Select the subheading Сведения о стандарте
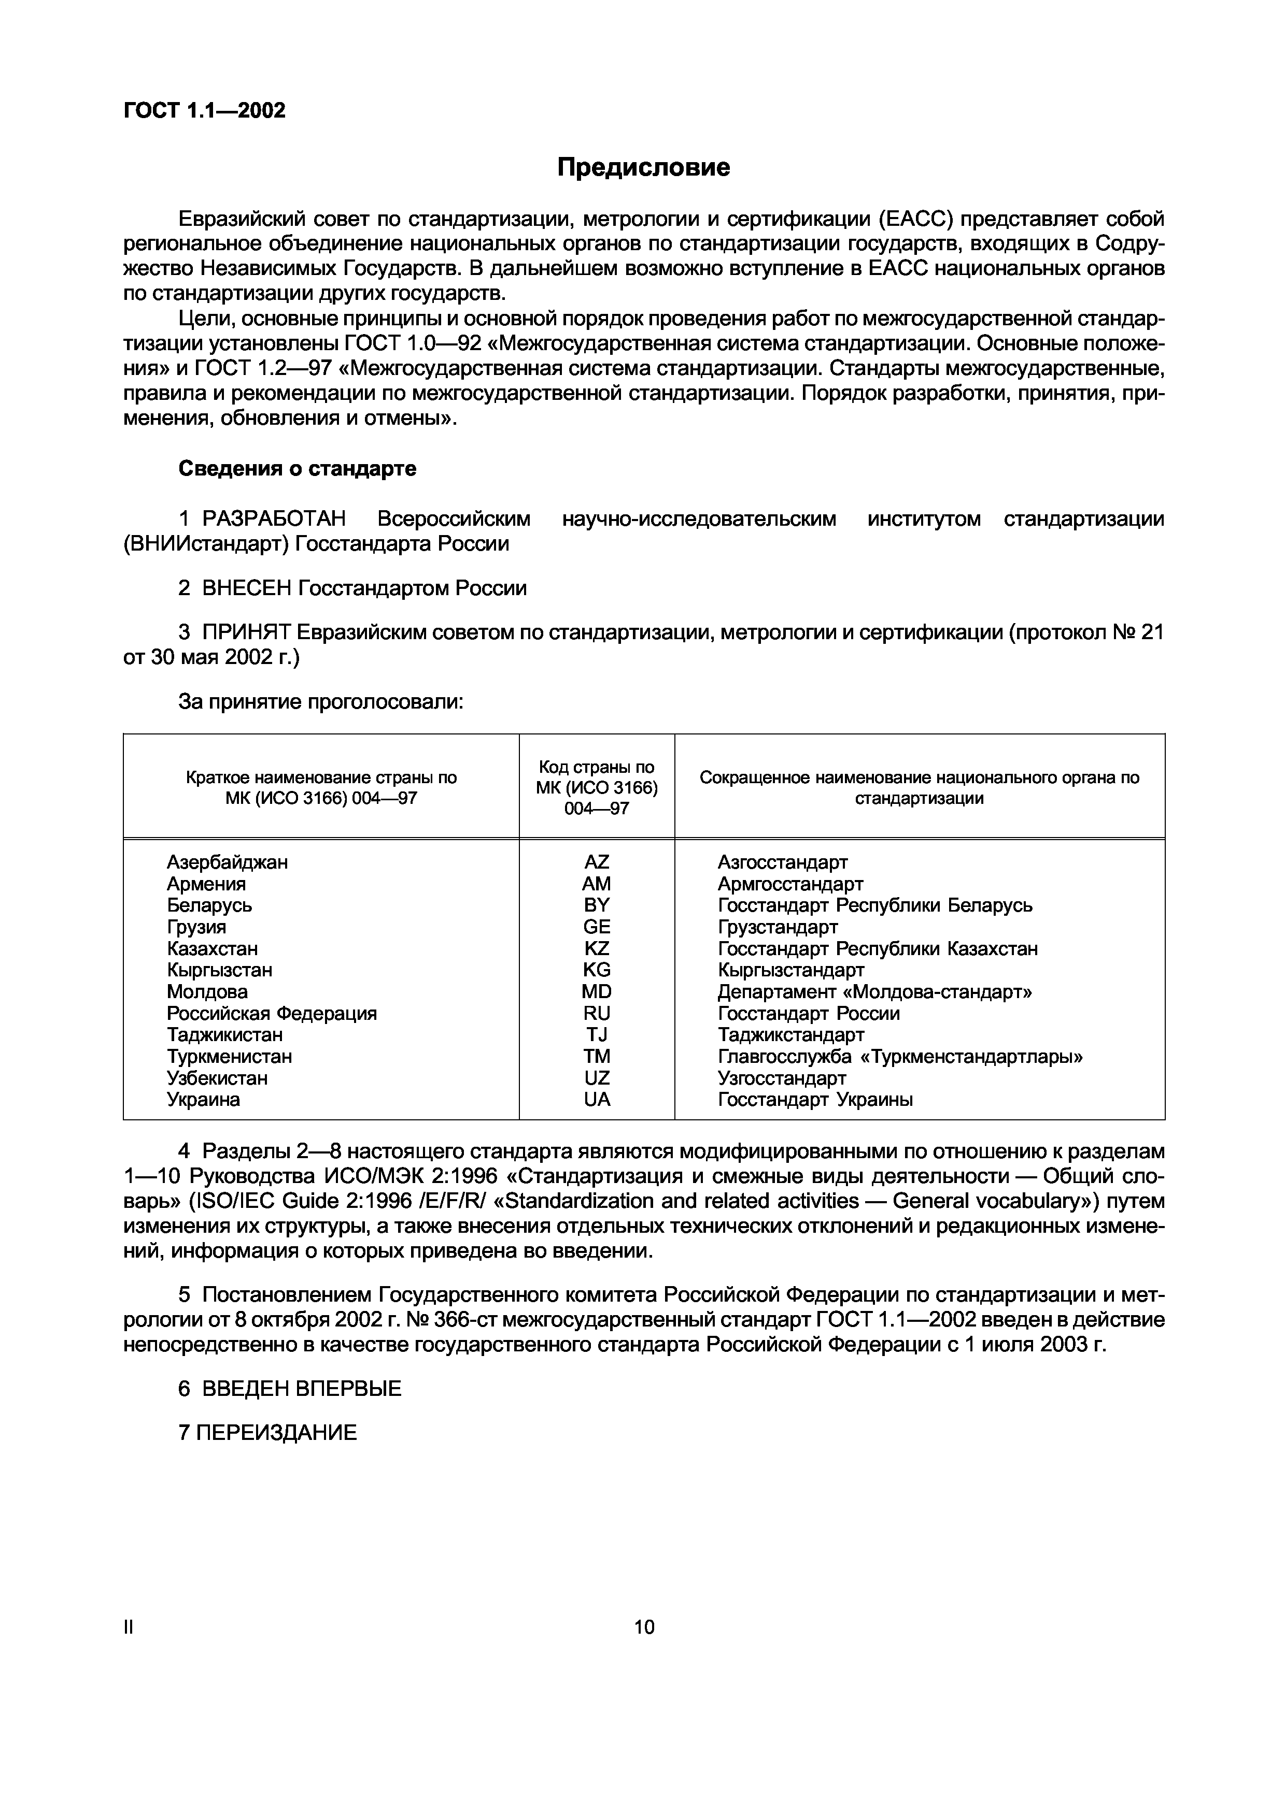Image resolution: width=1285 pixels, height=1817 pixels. click(x=297, y=469)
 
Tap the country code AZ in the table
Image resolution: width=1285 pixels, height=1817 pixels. click(x=596, y=862)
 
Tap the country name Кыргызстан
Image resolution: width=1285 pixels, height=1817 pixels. click(x=219, y=970)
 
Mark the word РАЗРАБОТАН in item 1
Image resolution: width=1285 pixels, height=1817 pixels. click(x=274, y=519)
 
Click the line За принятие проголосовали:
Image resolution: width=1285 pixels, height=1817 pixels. click(x=321, y=701)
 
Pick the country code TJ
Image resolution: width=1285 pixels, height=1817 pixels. click(x=596, y=1034)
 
